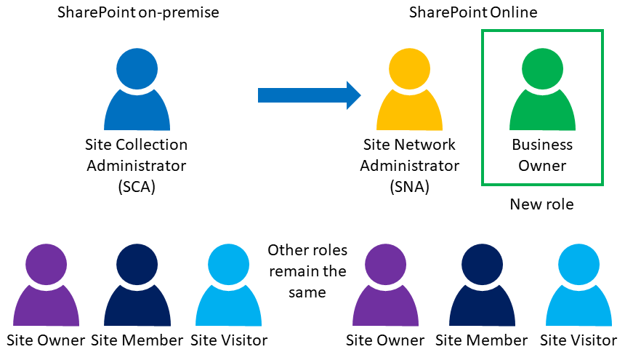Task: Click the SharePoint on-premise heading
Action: tap(138, 13)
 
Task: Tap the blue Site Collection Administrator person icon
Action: tap(137, 91)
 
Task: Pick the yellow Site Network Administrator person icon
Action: tap(409, 91)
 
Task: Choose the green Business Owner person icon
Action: tap(542, 91)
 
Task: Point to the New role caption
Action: tap(542, 204)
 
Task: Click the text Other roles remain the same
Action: tap(307, 271)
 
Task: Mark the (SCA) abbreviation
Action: tap(137, 187)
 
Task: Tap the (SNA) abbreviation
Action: tap(409, 187)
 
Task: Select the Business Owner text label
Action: tap(542, 155)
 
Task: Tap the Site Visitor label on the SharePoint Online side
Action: tap(578, 340)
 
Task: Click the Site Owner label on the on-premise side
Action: tap(45, 340)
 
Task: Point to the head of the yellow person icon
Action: tap(409, 69)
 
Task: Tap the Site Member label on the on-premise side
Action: tap(137, 340)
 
